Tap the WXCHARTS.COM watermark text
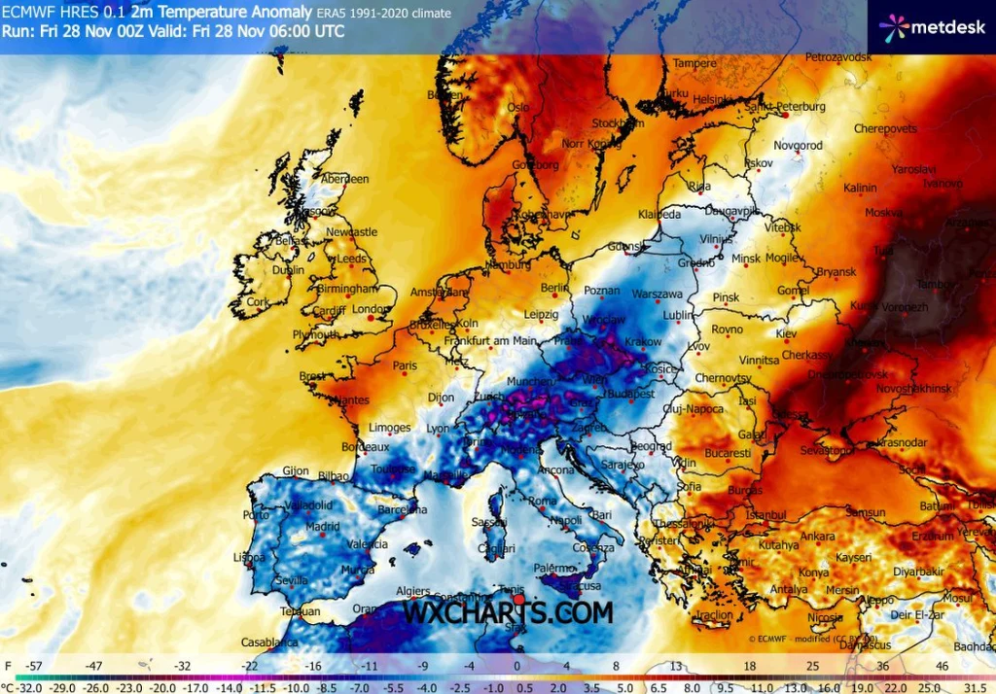click(509, 613)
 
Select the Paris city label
click(405, 366)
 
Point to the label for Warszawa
click(658, 293)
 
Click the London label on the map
click(370, 310)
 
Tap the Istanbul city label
click(765, 514)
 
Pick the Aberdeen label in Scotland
click(345, 179)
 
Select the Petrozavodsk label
click(838, 58)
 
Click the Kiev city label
click(785, 333)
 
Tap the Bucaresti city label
click(729, 454)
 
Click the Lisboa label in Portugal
click(249, 558)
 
